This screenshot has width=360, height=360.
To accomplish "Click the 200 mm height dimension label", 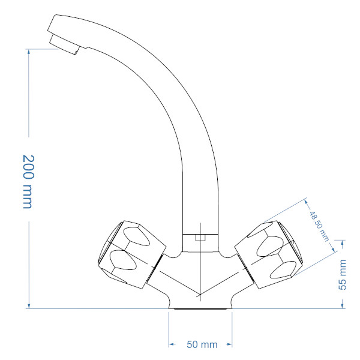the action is tap(29, 181).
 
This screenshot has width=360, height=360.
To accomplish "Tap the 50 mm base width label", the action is tap(202, 344).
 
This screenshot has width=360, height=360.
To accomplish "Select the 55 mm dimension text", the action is tap(343, 275).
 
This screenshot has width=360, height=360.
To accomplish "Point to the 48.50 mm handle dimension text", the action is tap(319, 226).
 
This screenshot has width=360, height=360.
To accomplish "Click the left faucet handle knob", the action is tap(132, 255).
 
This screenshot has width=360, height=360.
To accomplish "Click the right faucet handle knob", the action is tap(269, 255).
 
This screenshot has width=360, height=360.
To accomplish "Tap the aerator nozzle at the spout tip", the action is tap(64, 44).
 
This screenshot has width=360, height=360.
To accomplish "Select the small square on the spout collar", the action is tap(200, 238).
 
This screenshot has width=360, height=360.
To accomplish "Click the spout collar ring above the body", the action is tap(200, 243).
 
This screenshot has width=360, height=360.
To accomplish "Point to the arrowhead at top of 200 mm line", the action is tap(29, 52).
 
